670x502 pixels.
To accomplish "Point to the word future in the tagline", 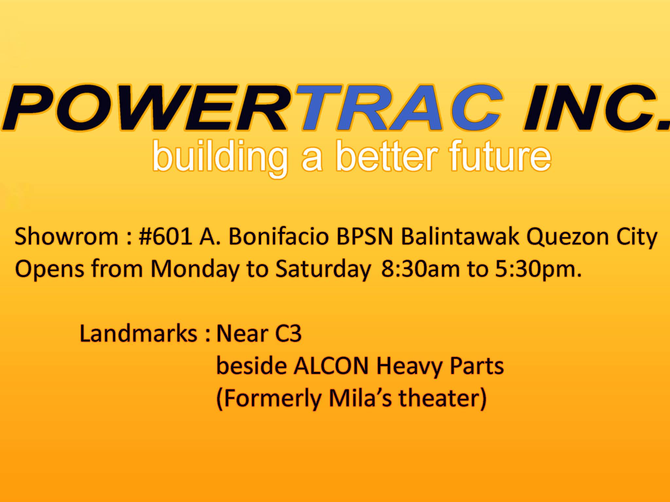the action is coord(500,155).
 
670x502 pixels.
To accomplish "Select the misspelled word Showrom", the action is coord(66,237).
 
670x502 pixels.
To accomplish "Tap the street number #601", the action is coord(165,237).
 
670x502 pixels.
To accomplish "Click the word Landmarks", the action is coord(138,333).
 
